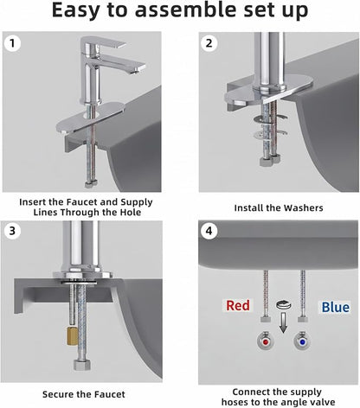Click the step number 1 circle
[12, 43]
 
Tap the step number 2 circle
[209, 43]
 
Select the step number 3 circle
[12, 231]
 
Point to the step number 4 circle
[209, 231]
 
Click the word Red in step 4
[238, 305]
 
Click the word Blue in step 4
[335, 307]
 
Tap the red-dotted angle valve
[266, 341]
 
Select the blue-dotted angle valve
[302, 341]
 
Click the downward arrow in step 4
[284, 322]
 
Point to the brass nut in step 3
[72, 335]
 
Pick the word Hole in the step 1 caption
[131, 213]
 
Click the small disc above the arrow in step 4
[284, 304]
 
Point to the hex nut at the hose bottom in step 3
[82, 365]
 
